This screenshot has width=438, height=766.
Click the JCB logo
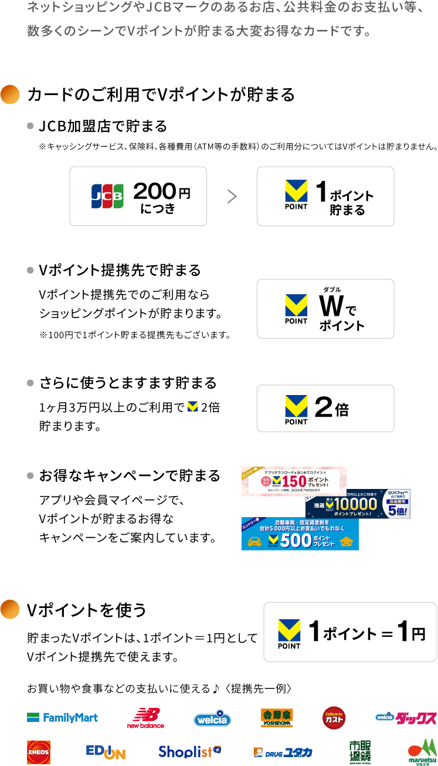(107, 196)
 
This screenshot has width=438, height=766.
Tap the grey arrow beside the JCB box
(232, 197)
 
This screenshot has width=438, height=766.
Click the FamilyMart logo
(62, 717)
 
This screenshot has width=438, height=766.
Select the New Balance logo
(145, 718)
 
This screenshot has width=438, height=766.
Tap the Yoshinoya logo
(277, 717)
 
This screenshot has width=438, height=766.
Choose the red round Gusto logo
(334, 717)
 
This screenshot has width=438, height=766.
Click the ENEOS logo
(39, 752)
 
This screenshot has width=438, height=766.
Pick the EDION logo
(106, 752)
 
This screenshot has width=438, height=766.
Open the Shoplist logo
(191, 752)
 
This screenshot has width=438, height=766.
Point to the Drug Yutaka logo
(283, 752)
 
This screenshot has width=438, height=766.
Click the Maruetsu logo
(422, 752)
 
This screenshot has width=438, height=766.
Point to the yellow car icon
(254, 541)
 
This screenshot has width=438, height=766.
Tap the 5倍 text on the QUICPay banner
(396, 509)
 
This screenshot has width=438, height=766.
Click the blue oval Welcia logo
(212, 718)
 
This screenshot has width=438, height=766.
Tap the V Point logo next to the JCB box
(296, 191)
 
